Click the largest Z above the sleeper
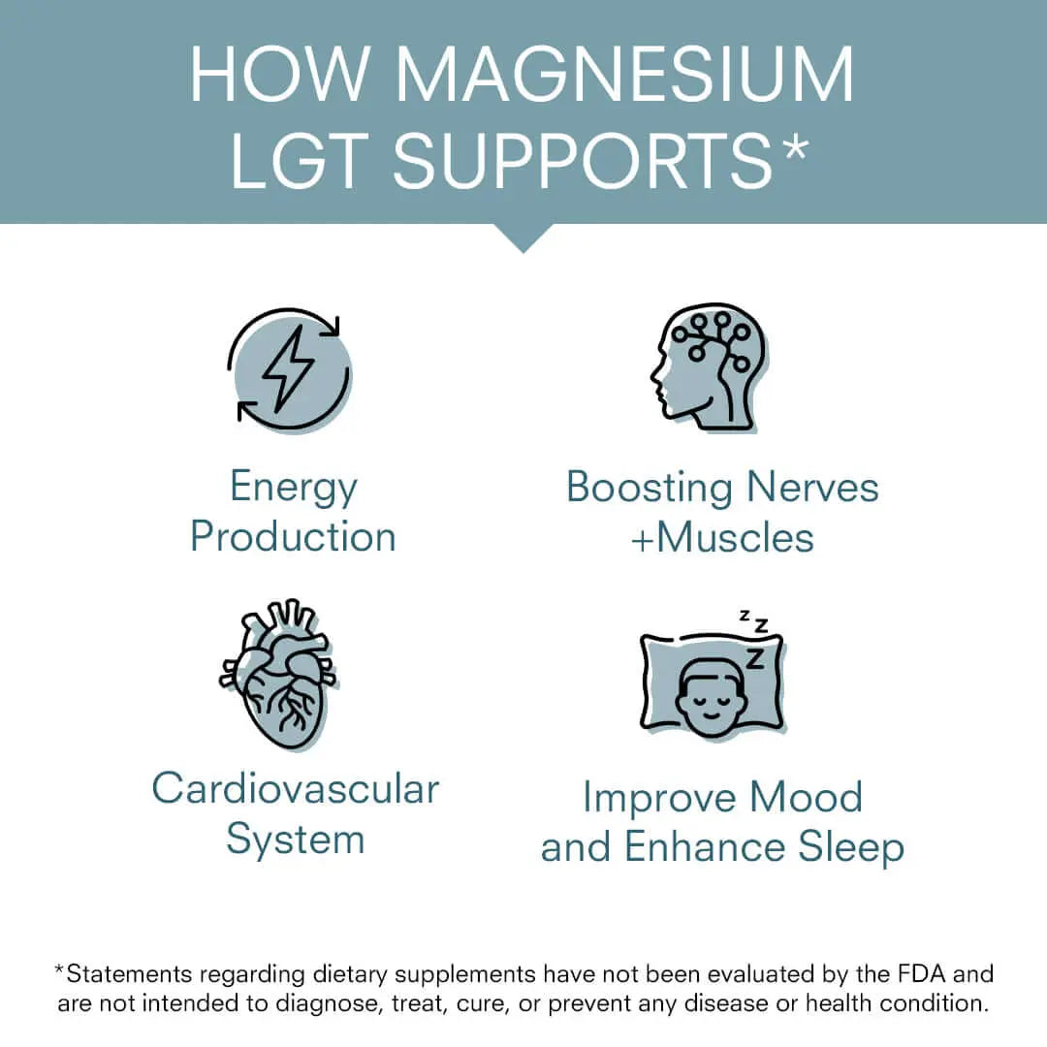click(x=754, y=659)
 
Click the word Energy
click(x=294, y=488)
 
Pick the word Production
click(x=293, y=536)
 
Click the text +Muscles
click(x=722, y=537)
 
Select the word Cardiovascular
click(x=296, y=788)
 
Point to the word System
click(x=296, y=839)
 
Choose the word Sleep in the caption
click(x=851, y=846)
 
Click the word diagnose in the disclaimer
click(x=334, y=1002)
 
